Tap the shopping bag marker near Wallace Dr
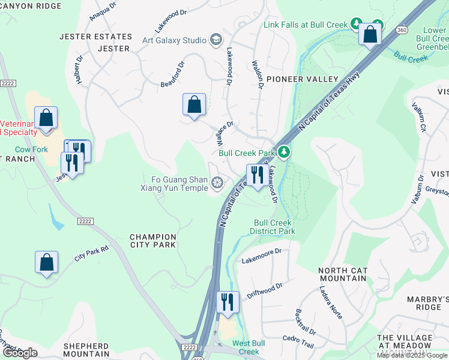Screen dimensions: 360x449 (x=194, y=105)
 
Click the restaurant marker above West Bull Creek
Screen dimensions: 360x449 (x=228, y=302)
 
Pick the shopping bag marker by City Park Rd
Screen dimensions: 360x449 (x=46, y=262)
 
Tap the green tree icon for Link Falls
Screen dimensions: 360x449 (x=356, y=25)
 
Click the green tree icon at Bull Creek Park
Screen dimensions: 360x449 (x=285, y=152)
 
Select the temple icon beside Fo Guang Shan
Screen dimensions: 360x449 (x=217, y=181)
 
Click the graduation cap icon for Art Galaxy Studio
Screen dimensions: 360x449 (x=215, y=40)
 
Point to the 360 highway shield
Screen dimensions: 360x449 (x=401, y=29)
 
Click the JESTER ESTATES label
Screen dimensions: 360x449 (x=87, y=37)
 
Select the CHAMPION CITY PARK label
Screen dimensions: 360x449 (x=153, y=241)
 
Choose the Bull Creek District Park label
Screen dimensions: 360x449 (x=274, y=227)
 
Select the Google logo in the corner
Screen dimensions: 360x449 (x=20, y=353)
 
